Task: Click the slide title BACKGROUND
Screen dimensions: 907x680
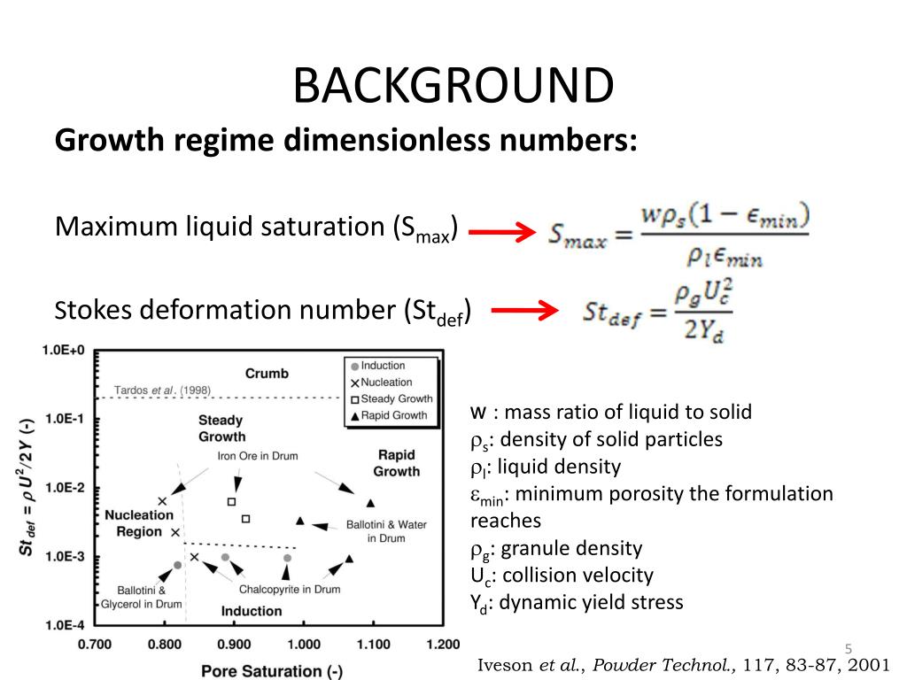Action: click(453, 86)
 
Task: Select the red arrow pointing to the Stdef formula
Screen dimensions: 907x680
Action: click(524, 310)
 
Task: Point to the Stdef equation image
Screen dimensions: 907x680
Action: click(658, 313)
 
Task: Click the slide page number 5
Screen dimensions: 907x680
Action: click(848, 649)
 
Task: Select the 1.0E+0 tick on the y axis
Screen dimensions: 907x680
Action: click(63, 350)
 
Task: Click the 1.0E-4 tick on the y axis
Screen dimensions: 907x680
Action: click(63, 625)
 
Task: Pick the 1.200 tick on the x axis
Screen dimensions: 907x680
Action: click(442, 644)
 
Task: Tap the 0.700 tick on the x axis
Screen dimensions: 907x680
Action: click(95, 644)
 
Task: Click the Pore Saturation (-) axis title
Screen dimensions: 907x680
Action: click(272, 670)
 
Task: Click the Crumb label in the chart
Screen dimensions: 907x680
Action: click(267, 373)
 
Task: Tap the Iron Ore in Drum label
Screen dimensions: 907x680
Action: click(258, 456)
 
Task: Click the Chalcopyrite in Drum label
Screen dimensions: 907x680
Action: click(290, 589)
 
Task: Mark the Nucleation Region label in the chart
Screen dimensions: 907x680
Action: click(139, 523)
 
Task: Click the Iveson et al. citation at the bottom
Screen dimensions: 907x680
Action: click(685, 666)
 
